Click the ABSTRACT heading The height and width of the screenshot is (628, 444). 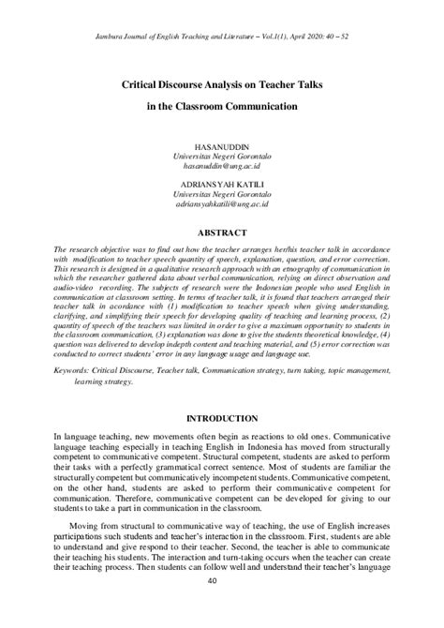coord(222,232)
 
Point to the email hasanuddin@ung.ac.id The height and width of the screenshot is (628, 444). coord(222,167)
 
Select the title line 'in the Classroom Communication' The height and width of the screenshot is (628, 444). coord(222,107)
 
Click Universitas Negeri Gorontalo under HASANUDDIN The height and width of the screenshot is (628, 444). coord(222,157)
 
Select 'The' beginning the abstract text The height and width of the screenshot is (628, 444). coord(61,251)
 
